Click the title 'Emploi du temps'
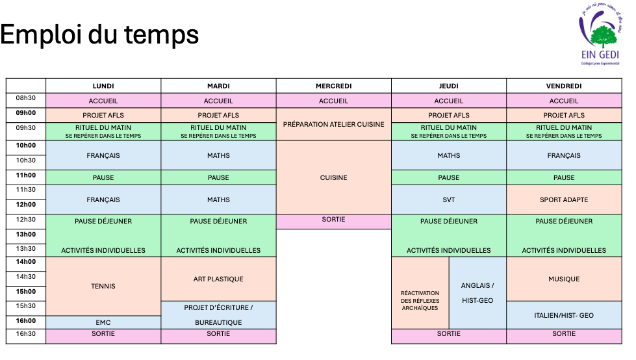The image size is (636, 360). tap(99, 34)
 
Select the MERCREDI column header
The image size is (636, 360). tap(333, 86)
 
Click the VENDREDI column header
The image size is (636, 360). tap(563, 86)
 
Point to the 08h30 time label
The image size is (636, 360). tap(26, 99)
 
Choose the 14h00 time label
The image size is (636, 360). tap(26, 262)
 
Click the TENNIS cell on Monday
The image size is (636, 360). tap(103, 286)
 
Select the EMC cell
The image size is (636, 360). tap(103, 322)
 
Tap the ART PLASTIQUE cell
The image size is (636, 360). tap(218, 279)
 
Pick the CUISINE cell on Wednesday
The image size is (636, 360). tap(333, 177)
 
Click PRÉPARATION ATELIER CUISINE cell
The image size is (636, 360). tap(333, 124)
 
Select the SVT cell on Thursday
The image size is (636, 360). tap(448, 199)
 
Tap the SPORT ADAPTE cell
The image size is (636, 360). tap(563, 199)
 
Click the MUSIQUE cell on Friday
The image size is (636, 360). tap(563, 279)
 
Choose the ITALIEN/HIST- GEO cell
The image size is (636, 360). tap(563, 315)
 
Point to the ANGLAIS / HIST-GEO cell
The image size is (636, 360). tap(477, 292)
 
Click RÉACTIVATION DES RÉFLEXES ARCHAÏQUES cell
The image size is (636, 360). tap(420, 300)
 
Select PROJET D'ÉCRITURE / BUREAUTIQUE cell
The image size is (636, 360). tap(218, 315)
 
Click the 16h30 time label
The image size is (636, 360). tap(26, 335)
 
